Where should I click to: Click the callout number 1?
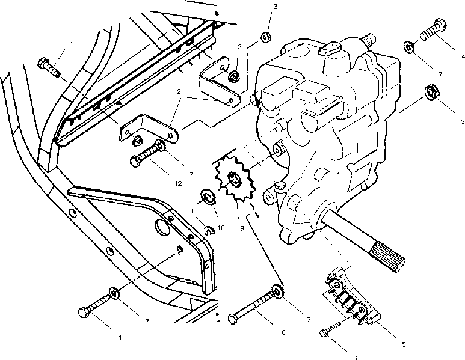(71, 44)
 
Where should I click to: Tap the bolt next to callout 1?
(49, 67)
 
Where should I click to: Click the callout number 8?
(283, 332)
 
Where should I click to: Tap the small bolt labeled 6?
(329, 329)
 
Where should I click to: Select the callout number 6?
(356, 358)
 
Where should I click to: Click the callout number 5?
(404, 344)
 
